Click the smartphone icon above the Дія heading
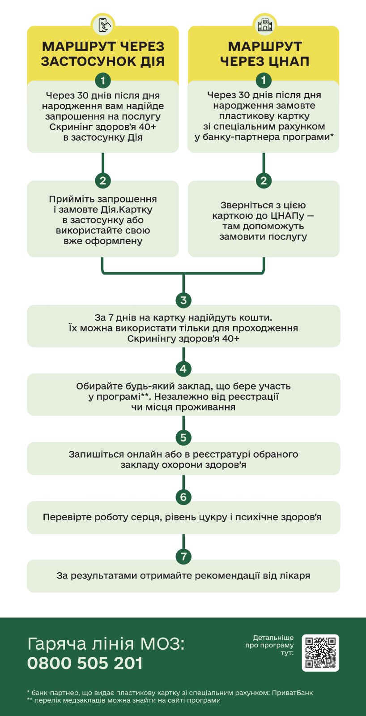[x=103, y=24]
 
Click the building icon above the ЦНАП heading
[x=264, y=24]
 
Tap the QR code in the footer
[x=320, y=652]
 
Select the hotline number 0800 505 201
[x=85, y=663]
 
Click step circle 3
[x=183, y=300]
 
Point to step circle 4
[x=183, y=369]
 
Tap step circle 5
[x=183, y=437]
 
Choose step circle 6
[x=183, y=497]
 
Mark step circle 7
[x=183, y=556]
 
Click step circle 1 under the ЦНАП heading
[x=264, y=80]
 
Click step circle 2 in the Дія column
[x=103, y=180]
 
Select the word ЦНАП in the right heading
[x=286, y=61]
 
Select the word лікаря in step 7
[x=295, y=576]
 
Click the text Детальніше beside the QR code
[x=273, y=638]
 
